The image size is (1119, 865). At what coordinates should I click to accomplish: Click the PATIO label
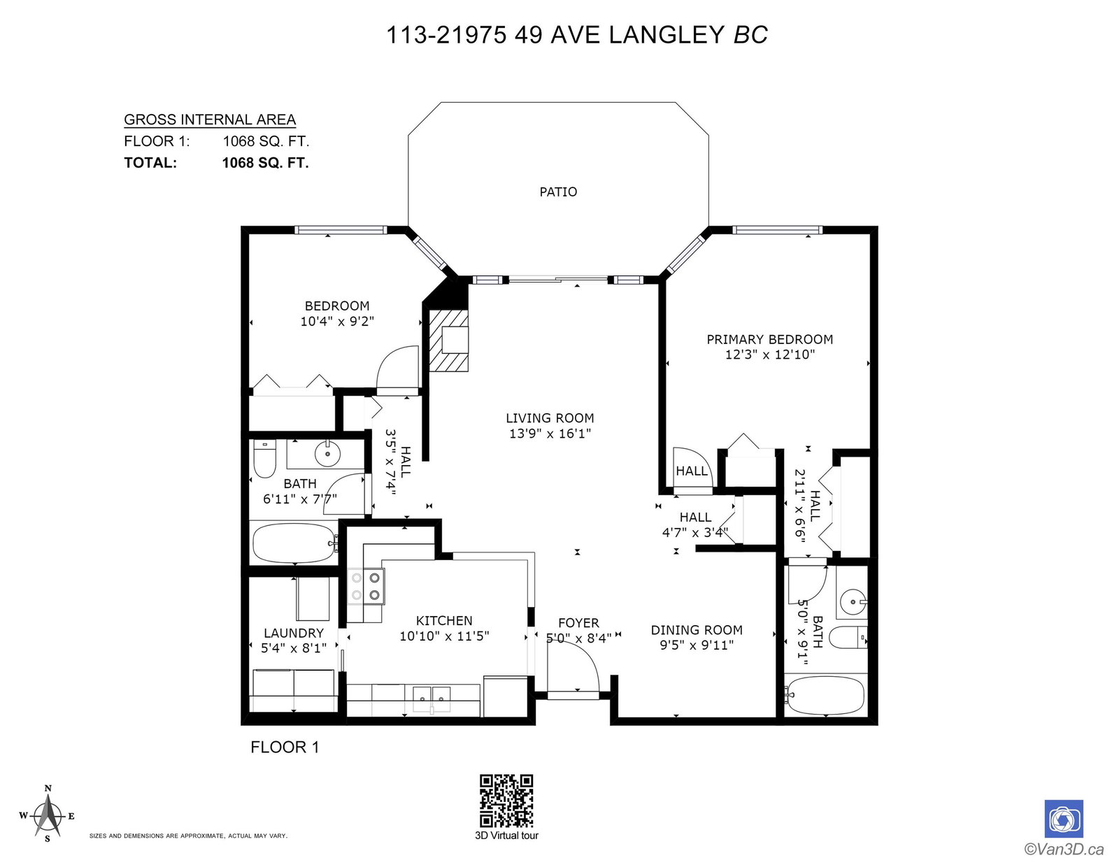558,192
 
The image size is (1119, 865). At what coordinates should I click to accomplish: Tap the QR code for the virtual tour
506,801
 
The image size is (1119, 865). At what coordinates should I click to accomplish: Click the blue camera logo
1064,819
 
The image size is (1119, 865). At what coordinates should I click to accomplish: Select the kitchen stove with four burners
366,587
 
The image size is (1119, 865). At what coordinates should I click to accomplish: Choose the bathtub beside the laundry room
294,544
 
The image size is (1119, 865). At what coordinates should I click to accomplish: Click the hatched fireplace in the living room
448,341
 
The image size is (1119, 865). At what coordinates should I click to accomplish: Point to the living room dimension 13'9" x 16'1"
550,434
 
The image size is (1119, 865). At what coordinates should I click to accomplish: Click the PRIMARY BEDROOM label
770,339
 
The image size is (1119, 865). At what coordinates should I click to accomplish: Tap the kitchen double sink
432,694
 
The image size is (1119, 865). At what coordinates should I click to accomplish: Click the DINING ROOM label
697,630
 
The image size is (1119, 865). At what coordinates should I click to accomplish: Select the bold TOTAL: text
150,163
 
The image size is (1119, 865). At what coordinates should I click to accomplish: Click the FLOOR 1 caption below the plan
285,747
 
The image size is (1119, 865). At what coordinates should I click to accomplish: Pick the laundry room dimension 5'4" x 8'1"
294,648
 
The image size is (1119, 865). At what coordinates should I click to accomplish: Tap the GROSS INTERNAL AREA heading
210,120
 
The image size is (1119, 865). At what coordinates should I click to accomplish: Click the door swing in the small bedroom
397,370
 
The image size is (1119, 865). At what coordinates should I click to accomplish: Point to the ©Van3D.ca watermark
1064,849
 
